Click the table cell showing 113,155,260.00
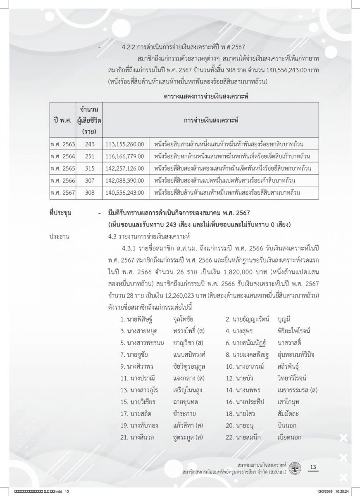(x=125, y=144)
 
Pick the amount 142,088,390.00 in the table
(x=125, y=181)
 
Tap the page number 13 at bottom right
(x=312, y=467)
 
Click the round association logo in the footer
(x=296, y=468)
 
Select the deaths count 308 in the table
(x=90, y=193)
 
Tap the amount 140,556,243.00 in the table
(x=125, y=193)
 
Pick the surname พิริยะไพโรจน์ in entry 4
(x=294, y=331)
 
